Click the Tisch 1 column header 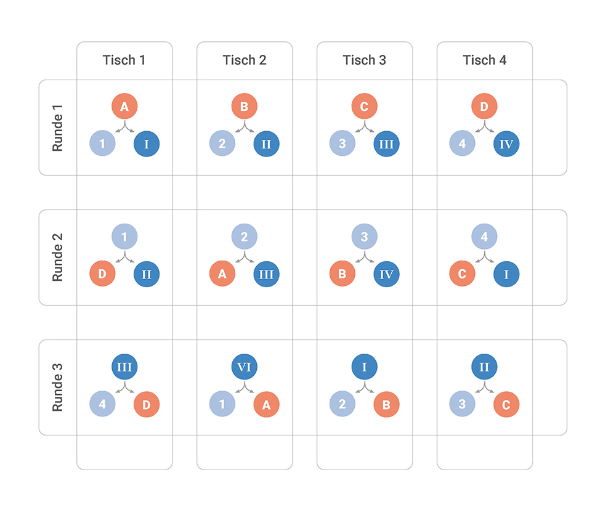click(124, 60)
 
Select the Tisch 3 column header click(365, 60)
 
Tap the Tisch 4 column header click(485, 60)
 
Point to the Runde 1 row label click(57, 128)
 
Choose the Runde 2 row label click(57, 258)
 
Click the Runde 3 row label click(57, 388)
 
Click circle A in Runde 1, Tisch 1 click(124, 106)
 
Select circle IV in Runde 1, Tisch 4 click(506, 144)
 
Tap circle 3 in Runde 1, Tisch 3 click(342, 144)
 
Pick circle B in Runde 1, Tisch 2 click(245, 106)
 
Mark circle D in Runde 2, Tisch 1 click(102, 274)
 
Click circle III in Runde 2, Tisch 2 click(266, 274)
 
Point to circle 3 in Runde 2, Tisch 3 click(365, 237)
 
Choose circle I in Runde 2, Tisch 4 click(506, 274)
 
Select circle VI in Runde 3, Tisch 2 click(245, 367)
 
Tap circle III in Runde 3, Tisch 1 click(124, 367)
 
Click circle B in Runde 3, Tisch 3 click(387, 404)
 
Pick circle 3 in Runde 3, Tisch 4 click(462, 404)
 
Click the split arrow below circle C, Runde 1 click(365, 127)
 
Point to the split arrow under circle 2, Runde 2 click(245, 257)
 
